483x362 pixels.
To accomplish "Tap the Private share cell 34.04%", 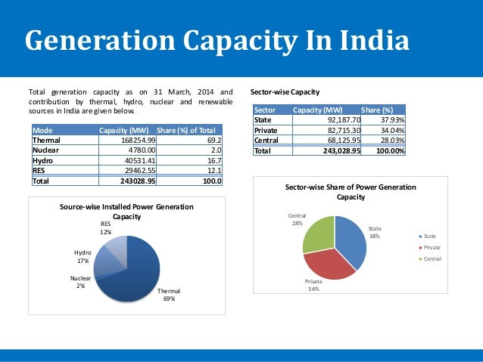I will (x=388, y=130).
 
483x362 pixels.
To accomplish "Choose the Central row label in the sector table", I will (x=266, y=140).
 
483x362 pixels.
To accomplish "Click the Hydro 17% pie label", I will (x=83, y=257).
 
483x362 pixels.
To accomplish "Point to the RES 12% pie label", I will (x=106, y=228).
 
